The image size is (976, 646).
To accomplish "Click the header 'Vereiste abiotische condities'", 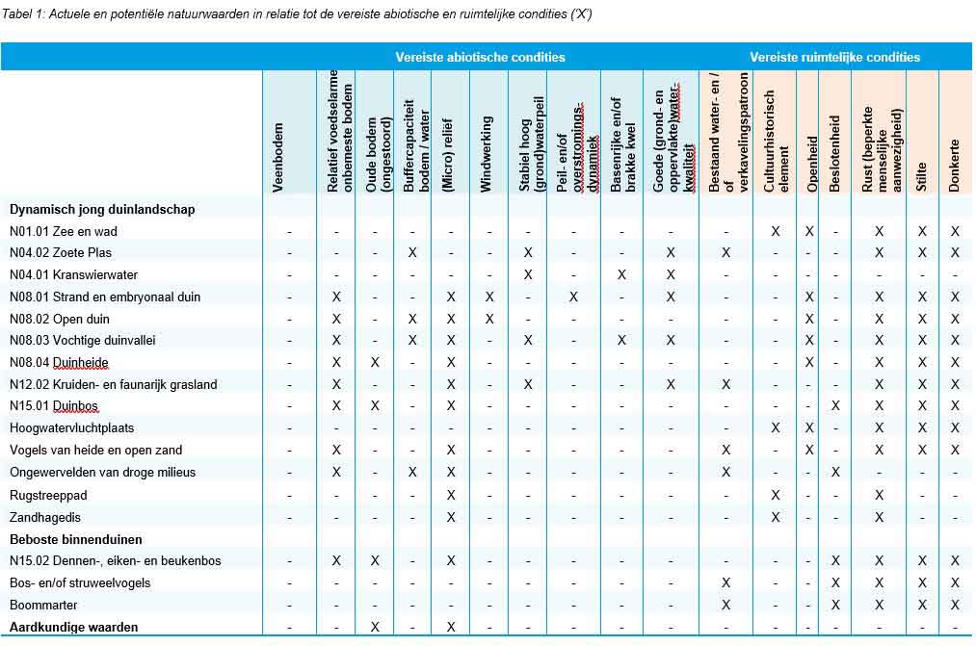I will point(480,57).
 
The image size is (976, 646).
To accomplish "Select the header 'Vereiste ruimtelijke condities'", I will point(834,57).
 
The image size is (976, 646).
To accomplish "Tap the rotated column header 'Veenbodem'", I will point(278,156).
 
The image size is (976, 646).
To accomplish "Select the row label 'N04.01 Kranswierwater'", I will point(73,274).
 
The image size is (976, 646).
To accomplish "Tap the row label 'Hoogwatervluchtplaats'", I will point(71,427).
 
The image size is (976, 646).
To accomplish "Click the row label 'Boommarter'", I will point(43,605).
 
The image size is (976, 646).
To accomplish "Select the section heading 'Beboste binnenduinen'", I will point(75,539).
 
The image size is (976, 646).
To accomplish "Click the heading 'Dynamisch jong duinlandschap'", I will point(102,209).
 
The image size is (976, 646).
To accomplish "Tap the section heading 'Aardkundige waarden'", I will point(73,627).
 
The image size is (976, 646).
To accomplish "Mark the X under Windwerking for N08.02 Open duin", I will point(488,319).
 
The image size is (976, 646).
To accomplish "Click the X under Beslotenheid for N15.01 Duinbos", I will point(834,405).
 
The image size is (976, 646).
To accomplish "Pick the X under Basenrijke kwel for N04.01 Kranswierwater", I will point(621,274).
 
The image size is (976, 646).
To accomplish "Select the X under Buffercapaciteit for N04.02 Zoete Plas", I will point(412,252).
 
